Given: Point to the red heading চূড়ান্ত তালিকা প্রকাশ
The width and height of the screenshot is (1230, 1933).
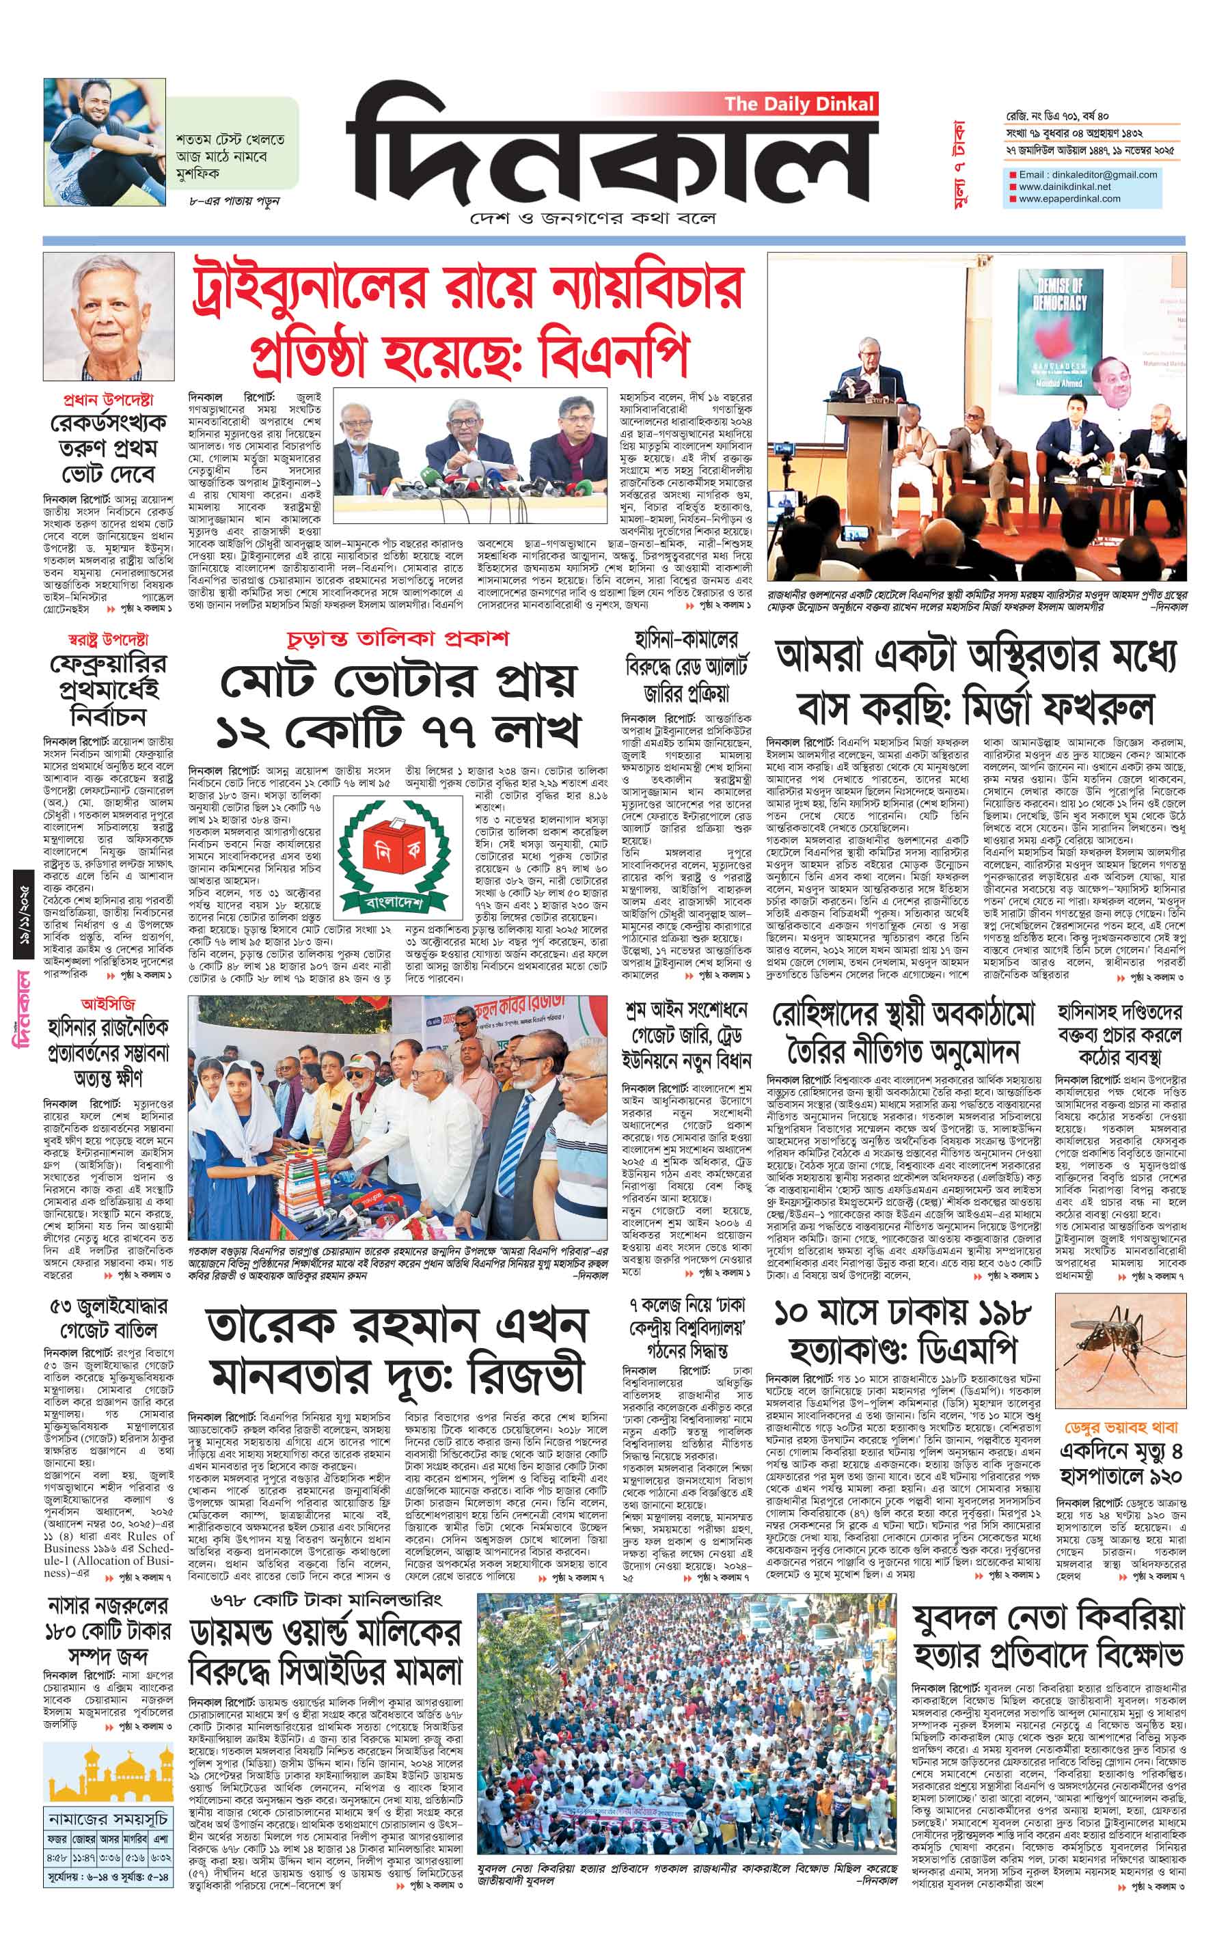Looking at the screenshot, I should (398, 640).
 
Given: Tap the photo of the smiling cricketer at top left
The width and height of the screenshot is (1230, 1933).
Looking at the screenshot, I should (105, 142).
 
